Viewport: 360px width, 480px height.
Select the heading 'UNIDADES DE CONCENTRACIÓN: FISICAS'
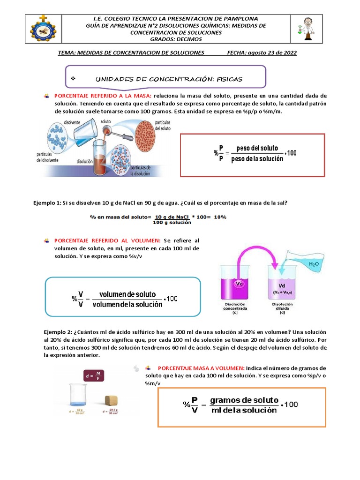[169, 79]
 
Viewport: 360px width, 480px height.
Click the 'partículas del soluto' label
[163, 126]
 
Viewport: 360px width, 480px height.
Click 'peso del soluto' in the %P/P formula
[257, 149]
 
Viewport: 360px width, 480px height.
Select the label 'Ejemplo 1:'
[47, 202]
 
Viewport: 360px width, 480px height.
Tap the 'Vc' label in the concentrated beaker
[239, 284]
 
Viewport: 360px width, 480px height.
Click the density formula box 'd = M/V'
[94, 375]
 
